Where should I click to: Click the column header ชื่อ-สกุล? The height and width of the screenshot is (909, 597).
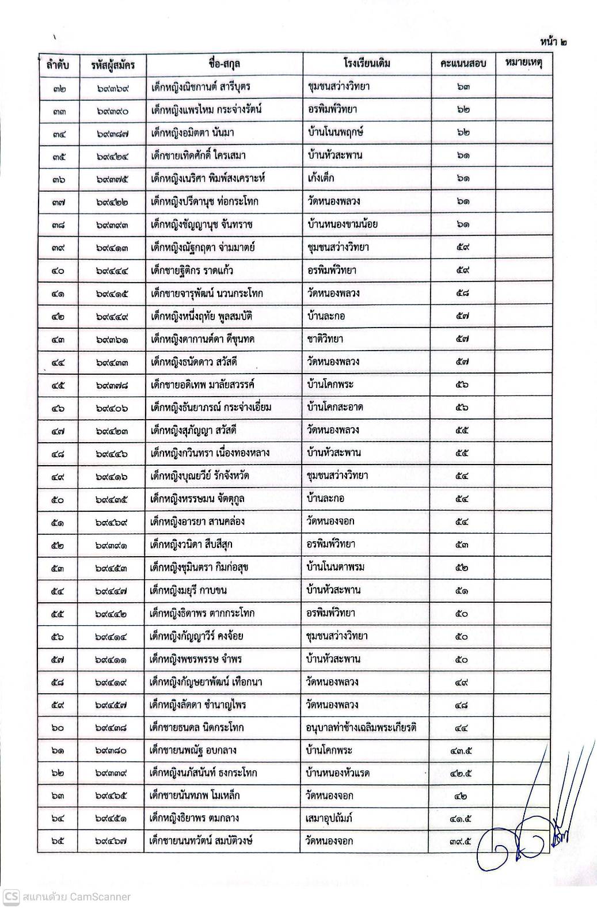225,63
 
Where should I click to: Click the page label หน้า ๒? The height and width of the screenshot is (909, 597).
553,42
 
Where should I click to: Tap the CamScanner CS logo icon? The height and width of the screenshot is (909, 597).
11,896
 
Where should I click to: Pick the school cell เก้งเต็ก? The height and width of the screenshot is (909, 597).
321,178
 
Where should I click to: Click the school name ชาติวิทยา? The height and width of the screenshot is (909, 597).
325,339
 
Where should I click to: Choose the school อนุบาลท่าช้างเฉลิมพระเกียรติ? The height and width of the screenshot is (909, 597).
362,728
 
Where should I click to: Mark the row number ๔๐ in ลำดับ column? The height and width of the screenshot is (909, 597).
57,271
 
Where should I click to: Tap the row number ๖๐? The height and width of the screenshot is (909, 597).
57,728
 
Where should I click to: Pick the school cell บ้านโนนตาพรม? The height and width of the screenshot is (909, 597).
335,568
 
